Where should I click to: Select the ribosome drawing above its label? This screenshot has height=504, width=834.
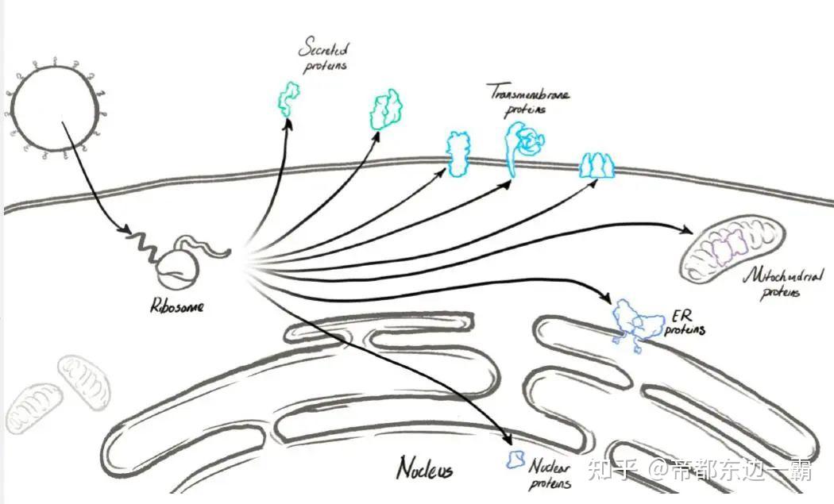pyautogui.click(x=179, y=268)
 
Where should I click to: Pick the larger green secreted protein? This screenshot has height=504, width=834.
pyautogui.click(x=387, y=110)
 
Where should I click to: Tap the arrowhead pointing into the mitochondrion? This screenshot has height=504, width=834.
pyautogui.click(x=686, y=230)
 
